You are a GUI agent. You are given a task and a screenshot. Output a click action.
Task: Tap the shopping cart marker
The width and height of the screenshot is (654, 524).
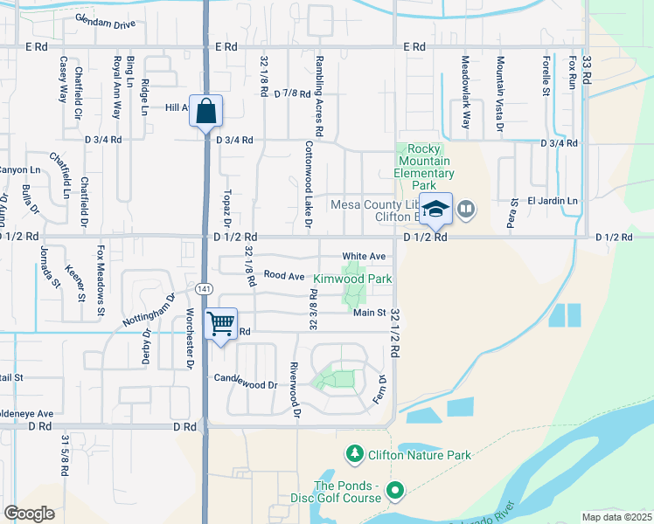(221, 324)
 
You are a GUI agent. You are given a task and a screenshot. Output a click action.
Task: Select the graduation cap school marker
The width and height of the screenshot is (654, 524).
(435, 210)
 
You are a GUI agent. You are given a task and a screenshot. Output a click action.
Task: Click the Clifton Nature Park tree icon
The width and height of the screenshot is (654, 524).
(355, 454)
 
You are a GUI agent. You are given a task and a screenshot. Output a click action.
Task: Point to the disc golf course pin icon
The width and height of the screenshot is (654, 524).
(394, 492)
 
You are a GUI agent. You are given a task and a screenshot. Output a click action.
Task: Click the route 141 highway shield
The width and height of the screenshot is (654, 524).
(205, 287)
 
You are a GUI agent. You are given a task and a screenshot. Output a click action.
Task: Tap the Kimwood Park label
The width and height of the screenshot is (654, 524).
(352, 279)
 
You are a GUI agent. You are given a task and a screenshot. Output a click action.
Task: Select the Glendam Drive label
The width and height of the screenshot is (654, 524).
(105, 21)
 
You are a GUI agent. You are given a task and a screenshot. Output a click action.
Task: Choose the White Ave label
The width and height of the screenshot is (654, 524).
(365, 256)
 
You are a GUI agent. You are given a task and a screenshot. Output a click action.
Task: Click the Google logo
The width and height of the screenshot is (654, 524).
(29, 514)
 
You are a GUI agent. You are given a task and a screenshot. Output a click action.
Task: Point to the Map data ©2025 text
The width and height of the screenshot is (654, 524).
(616, 517)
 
